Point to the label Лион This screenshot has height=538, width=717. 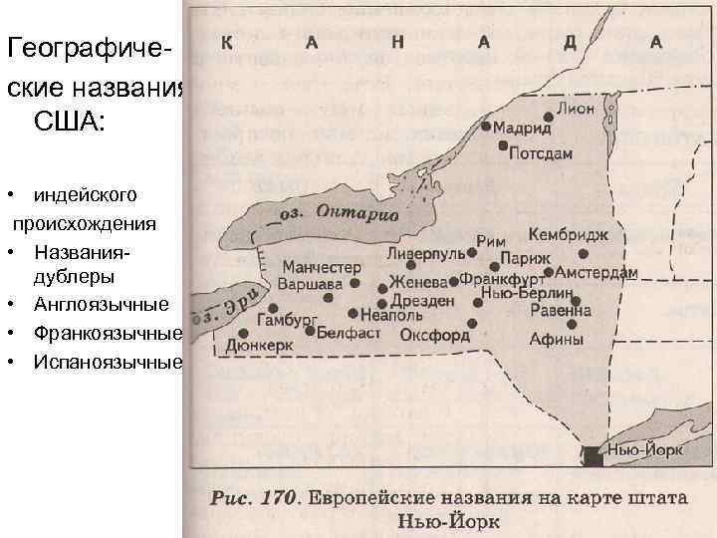(577, 109)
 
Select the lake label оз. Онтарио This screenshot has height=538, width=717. (338, 214)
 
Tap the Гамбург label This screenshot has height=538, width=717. (287, 320)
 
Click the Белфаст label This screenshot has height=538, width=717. (350, 332)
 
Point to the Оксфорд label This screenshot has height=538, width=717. (434, 336)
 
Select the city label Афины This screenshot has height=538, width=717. (556, 339)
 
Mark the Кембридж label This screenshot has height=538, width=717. (569, 235)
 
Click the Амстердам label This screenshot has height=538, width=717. (597, 273)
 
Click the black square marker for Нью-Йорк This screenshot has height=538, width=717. (593, 455)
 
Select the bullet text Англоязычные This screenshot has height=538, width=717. (101, 304)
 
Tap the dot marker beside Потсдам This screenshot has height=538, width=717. (504, 145)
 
